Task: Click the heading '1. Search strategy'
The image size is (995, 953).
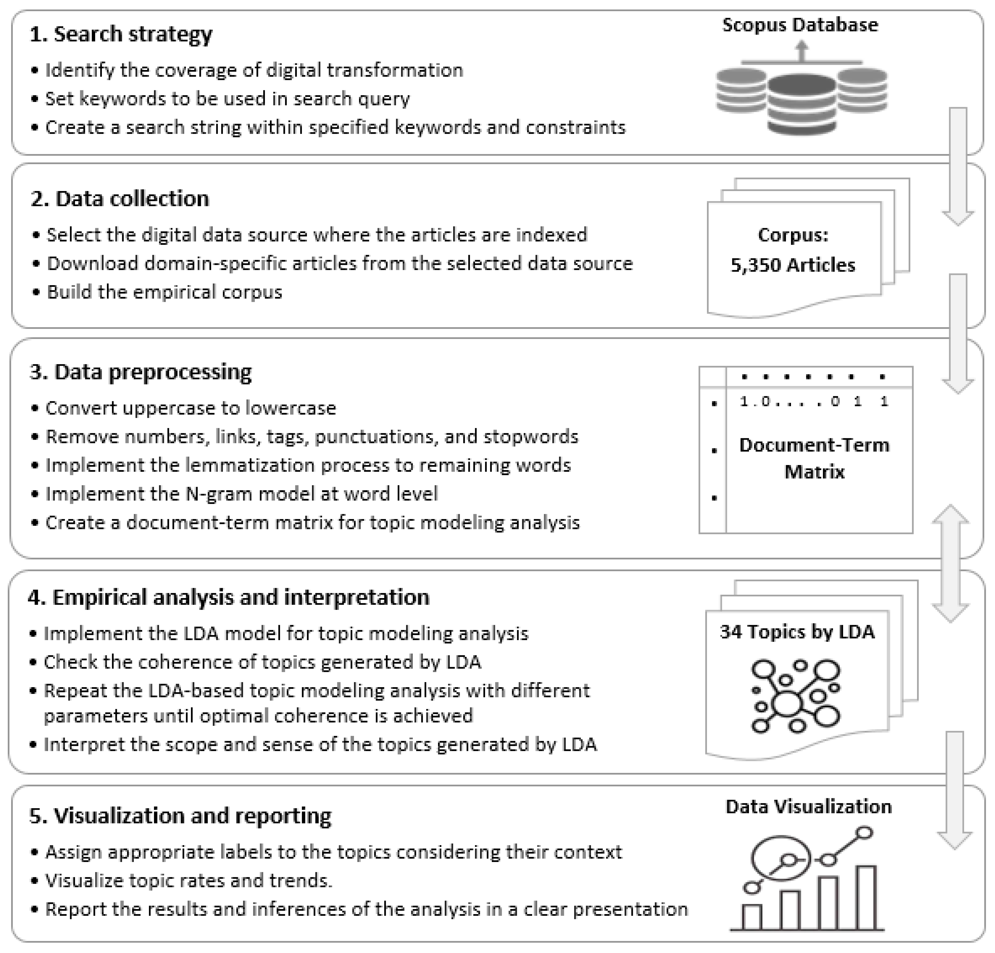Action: click(x=121, y=34)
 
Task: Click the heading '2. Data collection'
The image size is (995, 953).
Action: click(x=120, y=198)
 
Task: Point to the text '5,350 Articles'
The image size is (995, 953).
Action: click(x=792, y=265)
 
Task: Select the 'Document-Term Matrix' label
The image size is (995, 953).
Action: click(x=814, y=458)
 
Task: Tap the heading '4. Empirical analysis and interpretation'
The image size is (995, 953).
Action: click(x=228, y=597)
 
